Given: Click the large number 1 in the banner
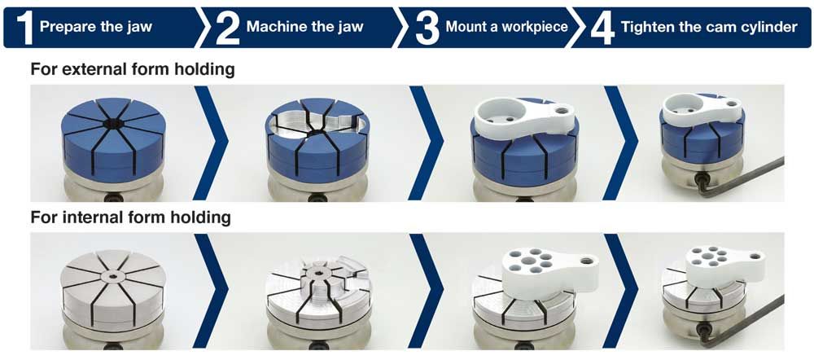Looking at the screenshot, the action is [25, 28].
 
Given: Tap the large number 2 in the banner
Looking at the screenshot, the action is [227, 28].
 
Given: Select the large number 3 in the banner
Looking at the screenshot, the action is [427, 28].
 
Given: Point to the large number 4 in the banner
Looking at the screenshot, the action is [602, 28].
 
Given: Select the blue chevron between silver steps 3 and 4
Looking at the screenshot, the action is [620, 291].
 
